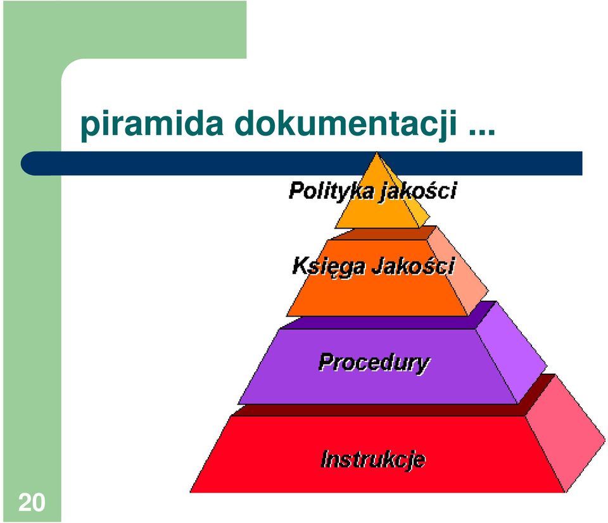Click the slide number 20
click(32, 503)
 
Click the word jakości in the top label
click(418, 191)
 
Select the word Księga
click(329, 267)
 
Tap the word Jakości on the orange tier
click(414, 266)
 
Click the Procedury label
click(374, 363)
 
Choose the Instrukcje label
click(373, 459)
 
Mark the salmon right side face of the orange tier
click(457, 270)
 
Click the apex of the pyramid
click(376, 153)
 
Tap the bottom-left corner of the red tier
click(190, 493)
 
